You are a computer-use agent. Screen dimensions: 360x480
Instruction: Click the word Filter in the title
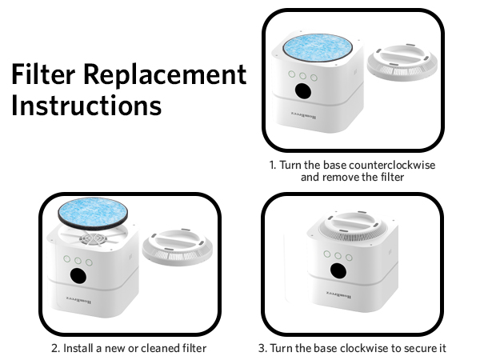click(45, 75)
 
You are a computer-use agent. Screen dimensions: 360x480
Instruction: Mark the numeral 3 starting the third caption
click(262, 348)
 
